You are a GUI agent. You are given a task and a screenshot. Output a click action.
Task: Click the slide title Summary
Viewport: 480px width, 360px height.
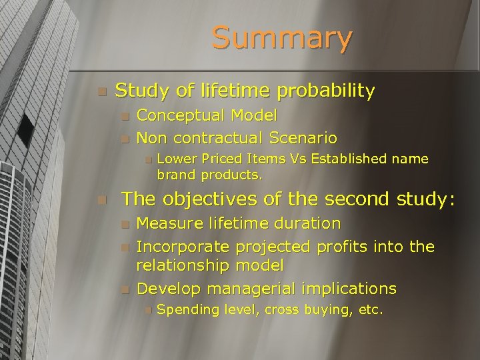281,38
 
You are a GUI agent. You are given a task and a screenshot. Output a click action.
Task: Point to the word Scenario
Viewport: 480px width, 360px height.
304,138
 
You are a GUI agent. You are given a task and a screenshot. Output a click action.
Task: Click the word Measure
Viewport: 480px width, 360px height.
169,223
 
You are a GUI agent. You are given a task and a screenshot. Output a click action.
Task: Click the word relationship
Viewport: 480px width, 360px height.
183,265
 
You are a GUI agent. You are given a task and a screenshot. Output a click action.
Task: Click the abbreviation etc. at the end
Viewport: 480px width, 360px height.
369,309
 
